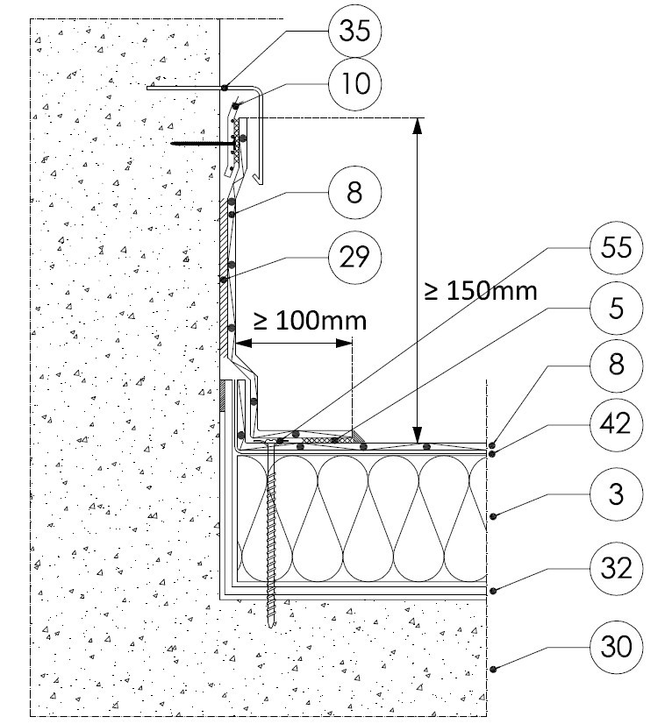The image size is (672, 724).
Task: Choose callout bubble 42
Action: [618, 423]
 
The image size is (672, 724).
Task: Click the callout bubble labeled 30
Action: [618, 649]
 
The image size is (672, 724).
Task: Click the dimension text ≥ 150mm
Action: [480, 290]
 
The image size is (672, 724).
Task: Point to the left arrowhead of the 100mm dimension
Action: [239, 344]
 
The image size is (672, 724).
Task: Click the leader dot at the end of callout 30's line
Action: [493, 670]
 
